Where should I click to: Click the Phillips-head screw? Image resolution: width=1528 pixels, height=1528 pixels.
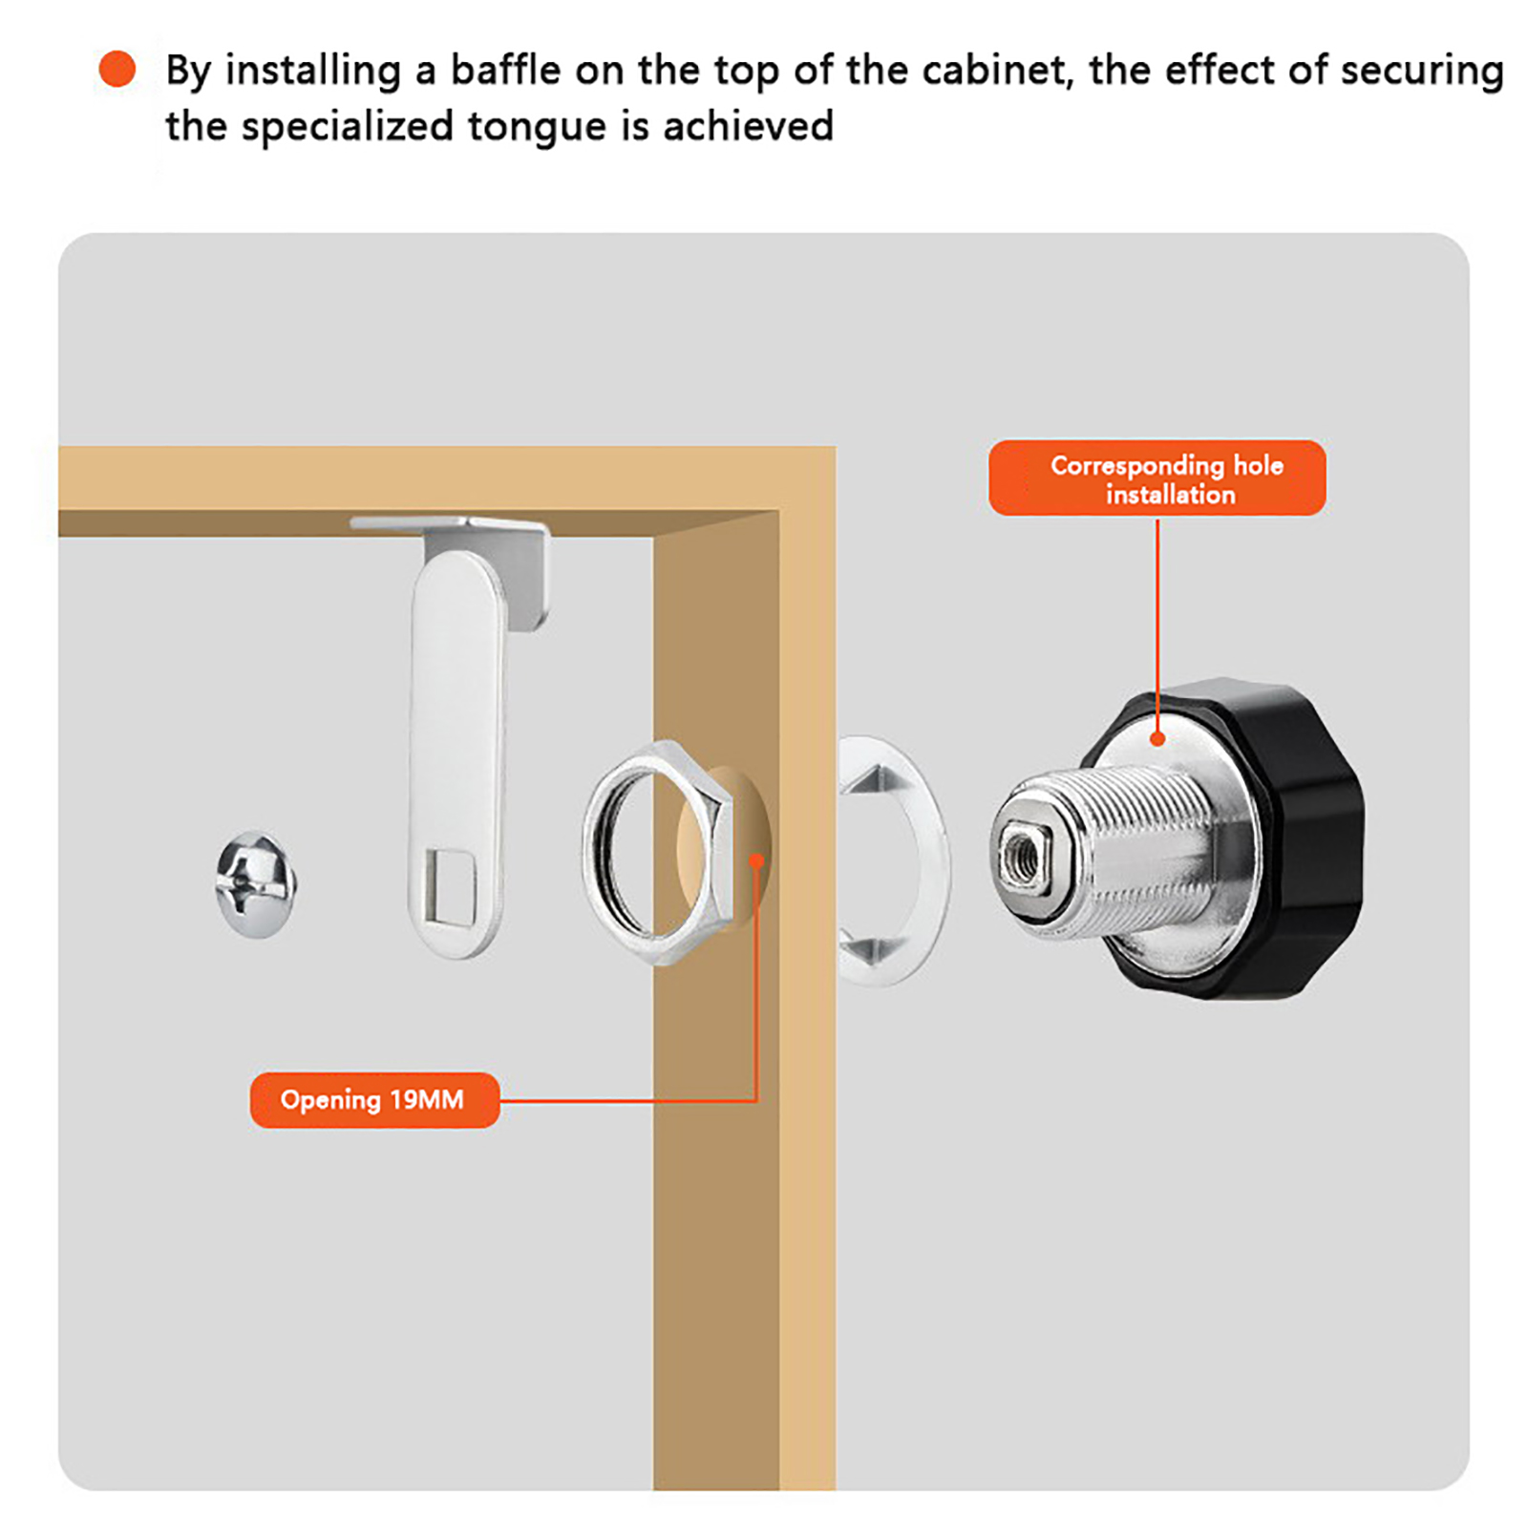pos(255,884)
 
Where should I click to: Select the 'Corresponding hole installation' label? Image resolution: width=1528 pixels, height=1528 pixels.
pos(1157,478)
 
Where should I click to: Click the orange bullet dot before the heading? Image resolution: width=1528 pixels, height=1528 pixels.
pos(117,69)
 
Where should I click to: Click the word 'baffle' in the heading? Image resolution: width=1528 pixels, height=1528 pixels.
pos(505,71)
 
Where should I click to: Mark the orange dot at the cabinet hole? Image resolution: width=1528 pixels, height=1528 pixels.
pos(756,861)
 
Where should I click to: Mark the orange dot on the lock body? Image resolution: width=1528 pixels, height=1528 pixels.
pos(1157,738)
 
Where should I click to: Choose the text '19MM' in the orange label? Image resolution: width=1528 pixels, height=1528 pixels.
pos(427,1100)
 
